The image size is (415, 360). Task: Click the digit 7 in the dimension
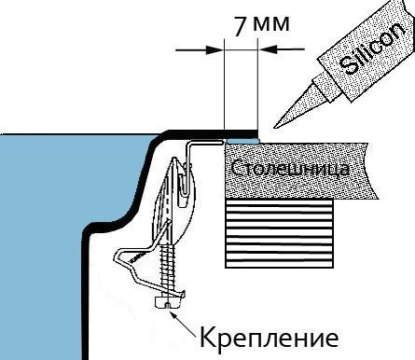point(241,26)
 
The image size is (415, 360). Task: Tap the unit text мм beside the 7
point(271,24)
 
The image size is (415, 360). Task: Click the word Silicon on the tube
point(373,48)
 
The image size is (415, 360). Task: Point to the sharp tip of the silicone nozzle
point(274,127)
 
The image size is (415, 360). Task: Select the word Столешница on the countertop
point(290,168)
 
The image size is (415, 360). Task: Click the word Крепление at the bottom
point(269,338)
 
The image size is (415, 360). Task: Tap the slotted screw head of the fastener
point(168,302)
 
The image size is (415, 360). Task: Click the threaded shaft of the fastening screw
point(168,270)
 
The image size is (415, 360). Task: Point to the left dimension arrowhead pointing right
point(214,49)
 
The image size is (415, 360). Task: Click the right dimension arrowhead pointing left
point(267,49)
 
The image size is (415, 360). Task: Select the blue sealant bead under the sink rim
point(242,141)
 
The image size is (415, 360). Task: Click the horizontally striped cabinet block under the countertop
point(279,233)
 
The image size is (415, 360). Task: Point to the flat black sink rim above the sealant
point(214,133)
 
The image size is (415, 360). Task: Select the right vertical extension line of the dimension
point(257,85)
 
